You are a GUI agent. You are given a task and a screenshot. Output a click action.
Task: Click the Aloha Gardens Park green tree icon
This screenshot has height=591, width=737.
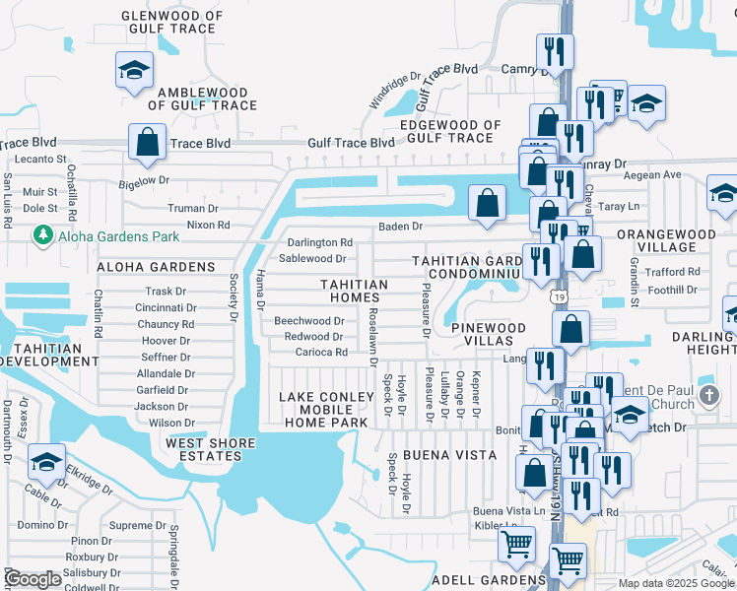point(42,235)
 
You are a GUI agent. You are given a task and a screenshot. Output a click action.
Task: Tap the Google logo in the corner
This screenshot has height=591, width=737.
point(32,579)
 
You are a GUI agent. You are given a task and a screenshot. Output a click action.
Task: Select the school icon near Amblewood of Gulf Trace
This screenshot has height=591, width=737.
point(134,70)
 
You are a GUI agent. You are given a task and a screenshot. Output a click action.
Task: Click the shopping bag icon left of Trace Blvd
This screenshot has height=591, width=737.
point(147,142)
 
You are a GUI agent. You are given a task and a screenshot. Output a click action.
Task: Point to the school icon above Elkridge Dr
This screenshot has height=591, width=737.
point(46,461)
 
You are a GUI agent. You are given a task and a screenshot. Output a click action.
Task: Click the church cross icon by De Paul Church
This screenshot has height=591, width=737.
point(708,396)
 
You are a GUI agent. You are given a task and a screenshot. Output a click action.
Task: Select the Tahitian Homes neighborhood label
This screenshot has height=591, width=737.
point(354,291)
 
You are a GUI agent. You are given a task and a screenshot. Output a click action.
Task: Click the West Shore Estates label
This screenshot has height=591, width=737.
point(204,449)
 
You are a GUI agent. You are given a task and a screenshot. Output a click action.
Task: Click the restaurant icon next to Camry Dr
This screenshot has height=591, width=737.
point(555,51)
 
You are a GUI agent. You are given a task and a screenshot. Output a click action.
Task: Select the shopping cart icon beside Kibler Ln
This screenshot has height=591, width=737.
point(516,545)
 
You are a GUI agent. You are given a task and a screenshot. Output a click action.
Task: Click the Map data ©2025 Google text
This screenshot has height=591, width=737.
point(675,583)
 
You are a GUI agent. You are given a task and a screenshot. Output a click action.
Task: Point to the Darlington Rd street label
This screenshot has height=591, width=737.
point(319,242)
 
